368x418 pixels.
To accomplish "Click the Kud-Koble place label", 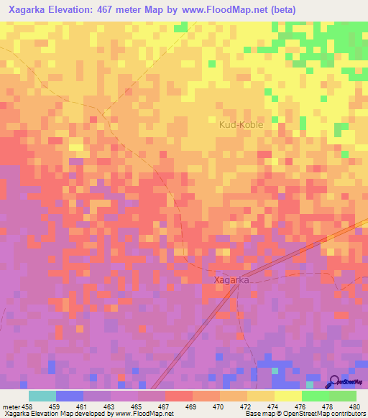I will coord(241,124).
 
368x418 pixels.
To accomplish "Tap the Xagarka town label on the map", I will coord(232,280).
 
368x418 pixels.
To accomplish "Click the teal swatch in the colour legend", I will coord(42,396).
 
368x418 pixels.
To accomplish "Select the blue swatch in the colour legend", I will coord(70,396).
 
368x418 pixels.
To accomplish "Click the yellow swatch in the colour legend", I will coord(288,396).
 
